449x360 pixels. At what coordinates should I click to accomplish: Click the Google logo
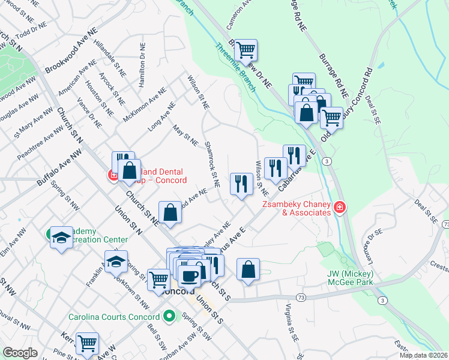click(20, 352)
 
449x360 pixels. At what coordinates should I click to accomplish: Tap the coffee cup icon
click(190, 275)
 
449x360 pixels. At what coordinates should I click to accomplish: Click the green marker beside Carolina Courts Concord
click(170, 316)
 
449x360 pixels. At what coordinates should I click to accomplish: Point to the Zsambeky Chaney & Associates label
click(297, 208)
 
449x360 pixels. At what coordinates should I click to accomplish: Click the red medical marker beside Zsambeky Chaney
click(340, 208)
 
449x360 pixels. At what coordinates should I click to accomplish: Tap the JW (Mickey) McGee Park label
click(350, 278)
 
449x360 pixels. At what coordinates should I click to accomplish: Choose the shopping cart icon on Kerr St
click(87, 343)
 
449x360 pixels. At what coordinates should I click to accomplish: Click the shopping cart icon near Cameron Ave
click(246, 50)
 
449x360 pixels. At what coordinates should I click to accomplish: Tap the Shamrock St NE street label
click(212, 164)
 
